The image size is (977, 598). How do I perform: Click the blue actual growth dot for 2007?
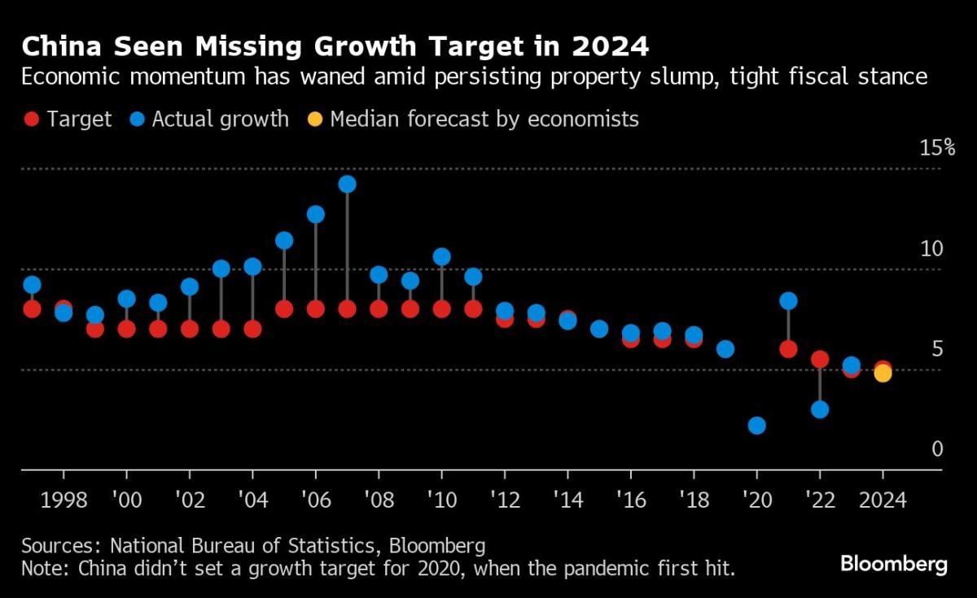click(347, 185)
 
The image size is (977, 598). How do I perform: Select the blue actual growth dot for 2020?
click(756, 426)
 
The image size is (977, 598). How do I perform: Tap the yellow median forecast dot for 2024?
click(883, 373)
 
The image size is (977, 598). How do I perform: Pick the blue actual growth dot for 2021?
click(788, 301)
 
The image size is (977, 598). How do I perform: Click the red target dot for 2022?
click(820, 359)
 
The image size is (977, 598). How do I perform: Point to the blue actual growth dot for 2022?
click(820, 409)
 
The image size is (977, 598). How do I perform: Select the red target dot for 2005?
click(284, 309)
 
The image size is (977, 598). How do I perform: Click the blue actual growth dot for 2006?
click(316, 215)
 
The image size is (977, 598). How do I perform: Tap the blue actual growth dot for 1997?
click(32, 285)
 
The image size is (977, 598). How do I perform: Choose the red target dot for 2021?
click(788, 349)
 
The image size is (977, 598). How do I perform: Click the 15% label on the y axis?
click(936, 148)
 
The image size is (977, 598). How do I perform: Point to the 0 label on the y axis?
click(937, 449)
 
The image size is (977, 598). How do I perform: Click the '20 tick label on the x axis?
click(756, 500)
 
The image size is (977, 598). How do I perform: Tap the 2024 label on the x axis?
click(883, 500)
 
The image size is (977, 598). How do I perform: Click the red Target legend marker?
click(32, 120)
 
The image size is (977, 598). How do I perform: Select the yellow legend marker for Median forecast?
click(315, 120)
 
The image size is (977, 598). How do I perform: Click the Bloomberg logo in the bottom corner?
click(893, 563)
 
